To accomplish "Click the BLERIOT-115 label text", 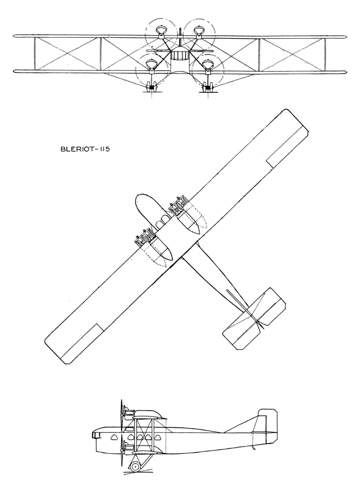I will point(85,149).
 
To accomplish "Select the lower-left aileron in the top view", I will point(82,343).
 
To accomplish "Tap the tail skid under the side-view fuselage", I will point(253,448).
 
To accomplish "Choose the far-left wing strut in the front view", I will point(35,54).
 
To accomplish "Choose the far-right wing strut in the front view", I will point(325,54).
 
